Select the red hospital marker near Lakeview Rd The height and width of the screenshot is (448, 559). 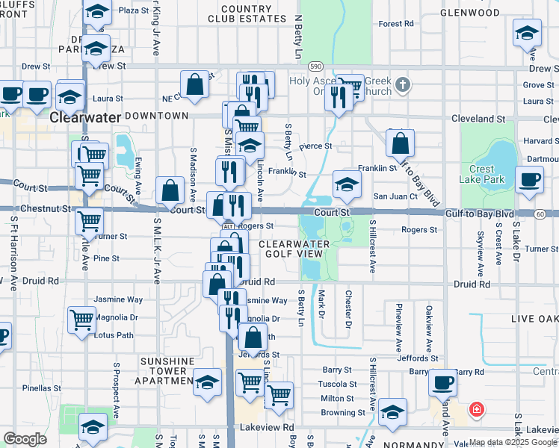coord(475,409)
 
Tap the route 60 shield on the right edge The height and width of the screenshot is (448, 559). coord(539,214)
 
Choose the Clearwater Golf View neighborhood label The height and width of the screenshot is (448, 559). coord(300,249)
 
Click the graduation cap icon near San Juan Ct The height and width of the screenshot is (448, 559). coord(347,184)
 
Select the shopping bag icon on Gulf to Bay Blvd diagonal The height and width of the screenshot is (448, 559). coord(401,143)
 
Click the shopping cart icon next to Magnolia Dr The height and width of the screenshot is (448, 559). coord(81,320)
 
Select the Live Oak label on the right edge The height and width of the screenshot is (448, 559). coord(534,319)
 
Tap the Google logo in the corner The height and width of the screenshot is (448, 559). coord(25,439)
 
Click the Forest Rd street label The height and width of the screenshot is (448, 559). coord(396,24)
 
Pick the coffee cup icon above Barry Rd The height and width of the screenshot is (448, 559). coord(442,382)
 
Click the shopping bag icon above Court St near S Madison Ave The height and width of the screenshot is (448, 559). coord(170,190)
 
